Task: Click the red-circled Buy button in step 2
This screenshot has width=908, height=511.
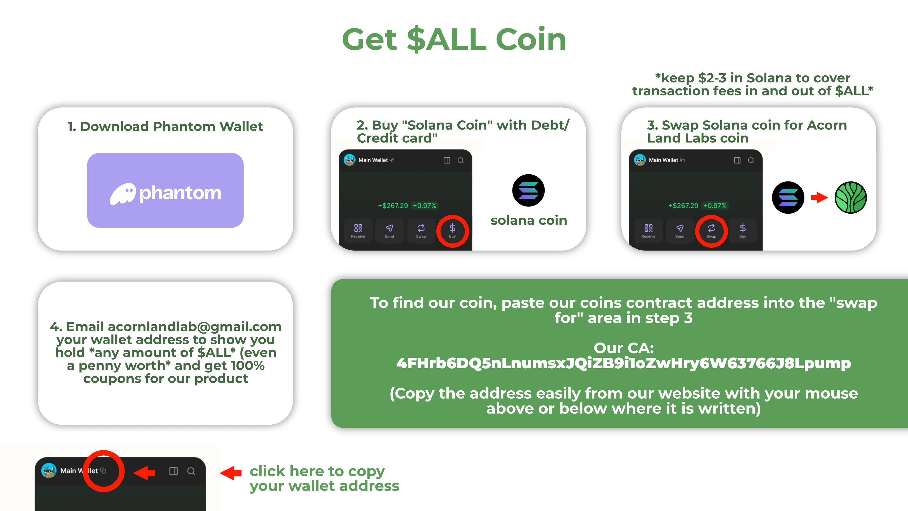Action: [x=452, y=231]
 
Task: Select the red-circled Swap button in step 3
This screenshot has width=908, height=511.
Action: [x=711, y=231]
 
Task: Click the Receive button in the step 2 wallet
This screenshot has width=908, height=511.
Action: [x=358, y=231]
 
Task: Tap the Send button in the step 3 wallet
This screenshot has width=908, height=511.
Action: [x=680, y=231]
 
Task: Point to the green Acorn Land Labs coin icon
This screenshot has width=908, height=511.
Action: [x=850, y=198]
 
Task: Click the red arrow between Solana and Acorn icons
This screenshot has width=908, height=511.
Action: [x=819, y=198]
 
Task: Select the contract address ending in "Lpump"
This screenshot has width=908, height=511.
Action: [x=623, y=363]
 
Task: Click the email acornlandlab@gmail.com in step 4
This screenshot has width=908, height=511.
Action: [x=195, y=327]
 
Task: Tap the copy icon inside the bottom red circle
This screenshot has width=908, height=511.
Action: [x=103, y=471]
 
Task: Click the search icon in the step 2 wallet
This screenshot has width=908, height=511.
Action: [x=460, y=160]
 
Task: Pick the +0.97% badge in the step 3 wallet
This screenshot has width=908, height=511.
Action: [x=715, y=206]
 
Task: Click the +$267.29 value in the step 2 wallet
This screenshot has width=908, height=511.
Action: [x=393, y=206]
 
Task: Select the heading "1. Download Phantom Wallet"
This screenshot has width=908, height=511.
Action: [x=165, y=127]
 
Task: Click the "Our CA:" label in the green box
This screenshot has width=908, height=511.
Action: [x=623, y=348]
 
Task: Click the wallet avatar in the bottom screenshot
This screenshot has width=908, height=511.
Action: [x=49, y=471]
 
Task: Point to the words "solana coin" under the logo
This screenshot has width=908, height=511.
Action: [x=529, y=220]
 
